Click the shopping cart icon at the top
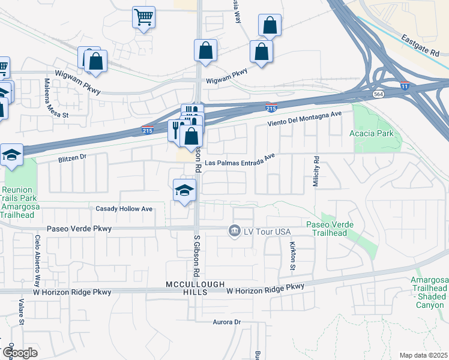pyautogui.click(x=144, y=17)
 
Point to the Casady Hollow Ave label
pyautogui.click(x=124, y=209)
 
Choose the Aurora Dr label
pyautogui.click(x=226, y=322)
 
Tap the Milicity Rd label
pyautogui.click(x=316, y=172)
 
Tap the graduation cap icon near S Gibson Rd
pyautogui.click(x=184, y=191)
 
